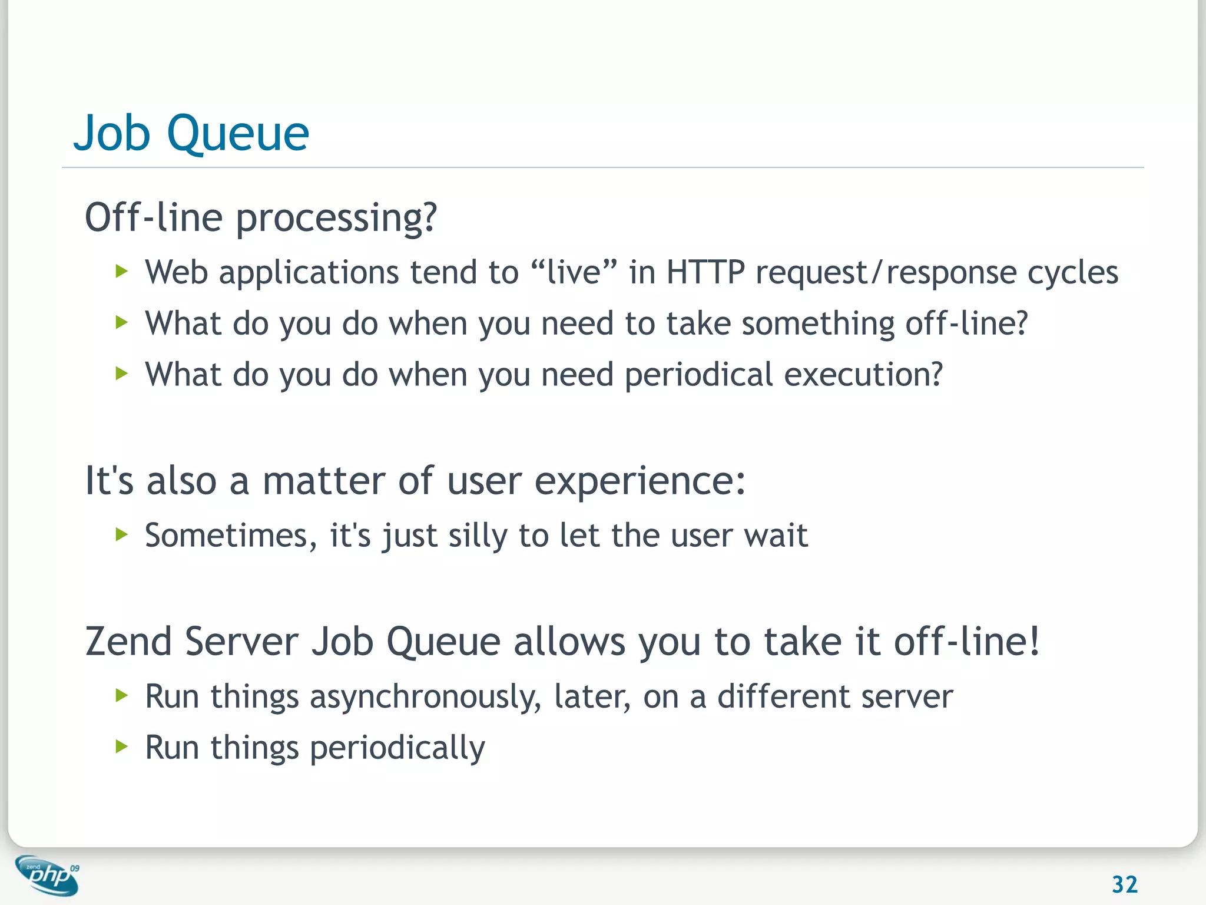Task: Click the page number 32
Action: click(1124, 884)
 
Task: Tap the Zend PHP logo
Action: click(47, 876)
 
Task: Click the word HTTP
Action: click(705, 273)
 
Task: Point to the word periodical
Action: click(698, 375)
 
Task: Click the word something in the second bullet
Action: click(818, 324)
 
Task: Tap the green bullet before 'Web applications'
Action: click(122, 272)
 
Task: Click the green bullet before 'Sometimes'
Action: click(122, 534)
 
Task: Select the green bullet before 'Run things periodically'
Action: click(122, 747)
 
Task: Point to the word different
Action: click(783, 696)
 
